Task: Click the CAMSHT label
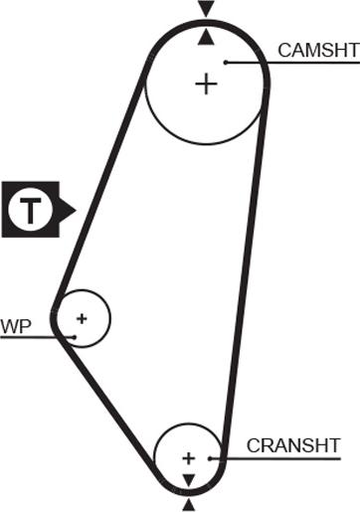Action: coord(318,50)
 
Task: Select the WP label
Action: coord(15,326)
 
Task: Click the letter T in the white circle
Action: coord(31,210)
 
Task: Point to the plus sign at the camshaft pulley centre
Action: coord(206,84)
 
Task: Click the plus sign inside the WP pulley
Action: coord(82,318)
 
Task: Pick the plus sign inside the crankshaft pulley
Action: coord(188,458)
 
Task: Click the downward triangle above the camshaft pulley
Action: coord(206,8)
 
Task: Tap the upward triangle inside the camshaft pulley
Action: coord(206,37)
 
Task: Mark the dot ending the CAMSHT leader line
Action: coord(227,63)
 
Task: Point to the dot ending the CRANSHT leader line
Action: coord(211,457)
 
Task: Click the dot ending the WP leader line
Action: coord(75,336)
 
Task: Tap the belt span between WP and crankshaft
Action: coord(114,398)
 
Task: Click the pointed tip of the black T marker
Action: coord(76,209)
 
